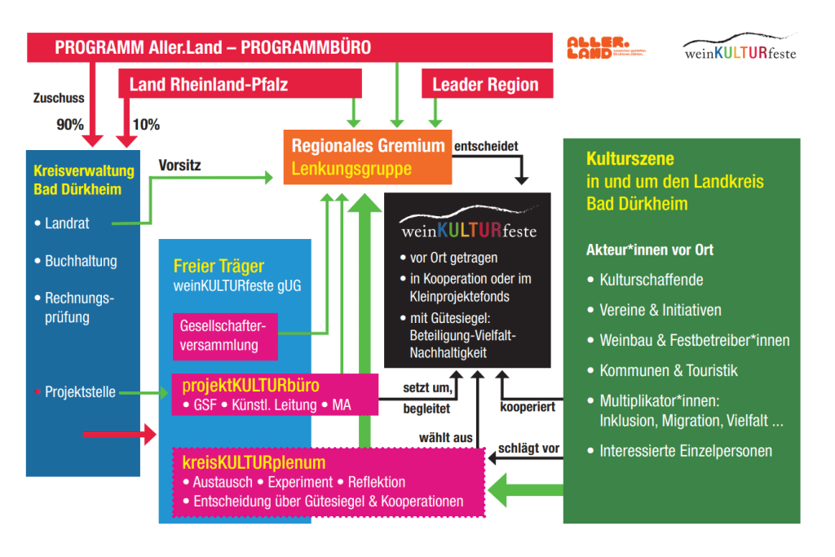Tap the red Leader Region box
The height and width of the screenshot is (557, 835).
point(485,84)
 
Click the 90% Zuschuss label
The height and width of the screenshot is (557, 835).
point(70,125)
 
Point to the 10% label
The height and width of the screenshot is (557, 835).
point(146,125)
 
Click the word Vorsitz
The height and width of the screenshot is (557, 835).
point(179,166)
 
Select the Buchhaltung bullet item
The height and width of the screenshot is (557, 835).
point(80,262)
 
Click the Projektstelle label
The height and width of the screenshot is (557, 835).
point(81,392)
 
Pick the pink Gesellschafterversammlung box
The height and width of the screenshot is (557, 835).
point(225,335)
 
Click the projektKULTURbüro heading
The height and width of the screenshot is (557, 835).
point(251,385)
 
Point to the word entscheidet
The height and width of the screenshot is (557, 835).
point(486,147)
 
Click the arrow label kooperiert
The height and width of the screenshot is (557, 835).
point(528,405)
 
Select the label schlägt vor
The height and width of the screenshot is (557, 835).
point(528,449)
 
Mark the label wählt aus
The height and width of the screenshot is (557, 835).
point(446,438)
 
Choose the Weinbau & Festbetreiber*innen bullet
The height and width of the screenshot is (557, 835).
point(694,340)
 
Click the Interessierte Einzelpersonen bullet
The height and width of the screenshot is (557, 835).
point(685,451)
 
